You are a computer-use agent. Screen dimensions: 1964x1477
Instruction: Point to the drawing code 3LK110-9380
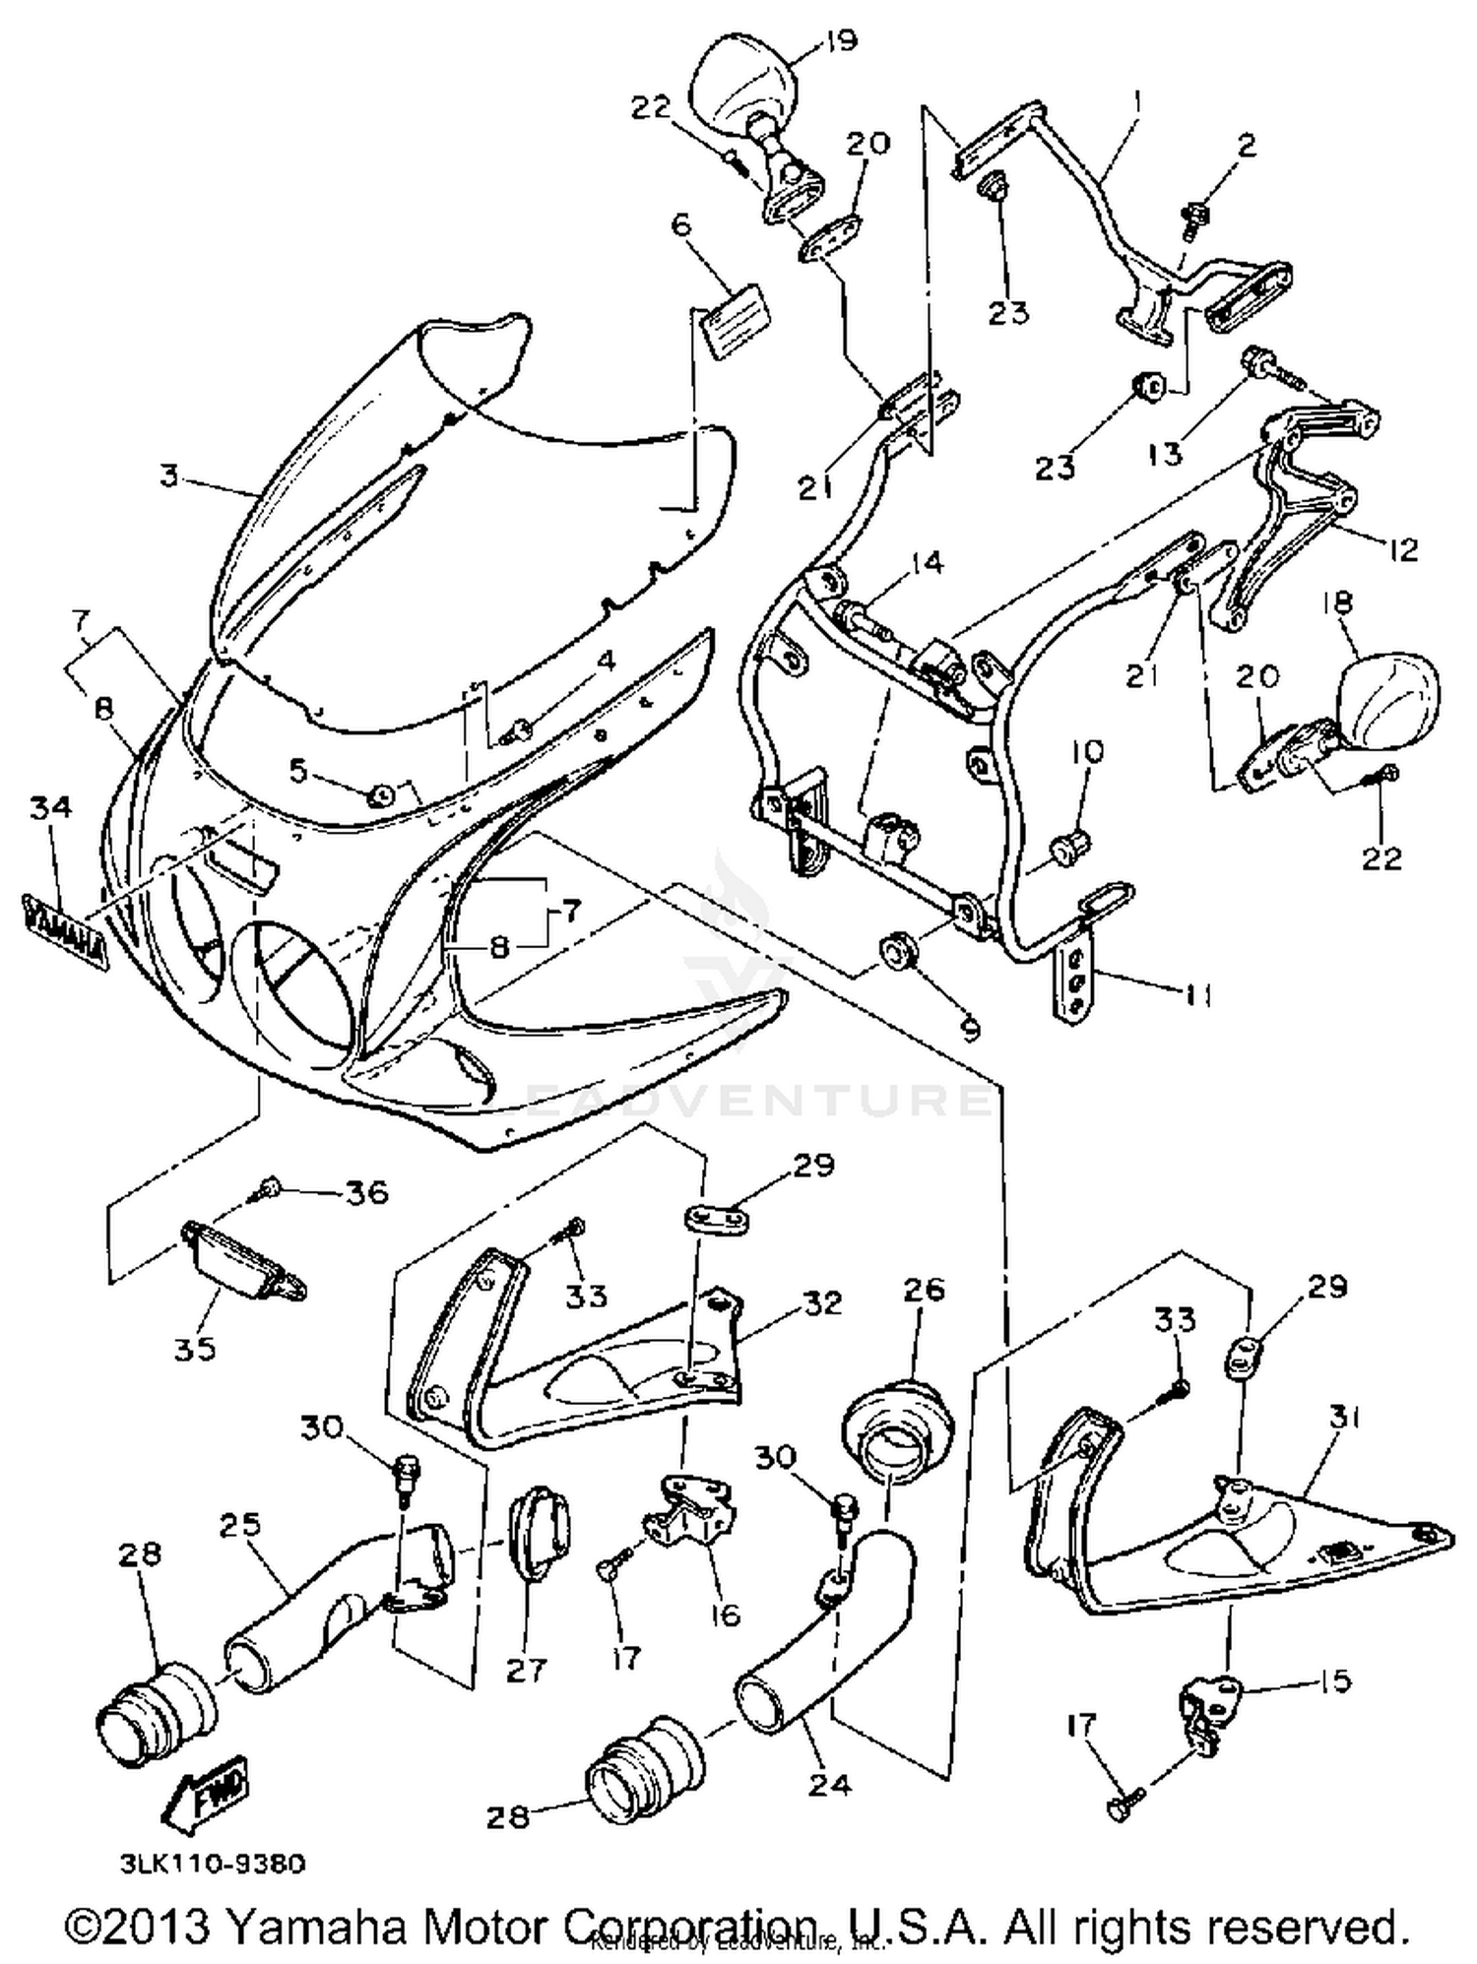click(212, 1864)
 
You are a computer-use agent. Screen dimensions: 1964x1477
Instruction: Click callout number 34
click(50, 807)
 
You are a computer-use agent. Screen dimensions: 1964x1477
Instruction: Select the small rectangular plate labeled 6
click(731, 316)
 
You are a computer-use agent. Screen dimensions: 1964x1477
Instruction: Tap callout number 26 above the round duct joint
click(922, 1289)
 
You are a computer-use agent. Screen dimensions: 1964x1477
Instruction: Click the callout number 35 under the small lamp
click(195, 1348)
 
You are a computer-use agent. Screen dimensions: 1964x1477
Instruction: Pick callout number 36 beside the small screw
click(365, 1193)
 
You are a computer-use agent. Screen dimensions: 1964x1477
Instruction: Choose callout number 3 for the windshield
click(169, 476)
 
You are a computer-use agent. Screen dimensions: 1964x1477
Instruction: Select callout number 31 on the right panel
click(1343, 1418)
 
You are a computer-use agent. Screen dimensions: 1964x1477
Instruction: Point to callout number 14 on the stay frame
click(926, 563)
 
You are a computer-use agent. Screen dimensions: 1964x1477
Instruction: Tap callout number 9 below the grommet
click(970, 1030)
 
